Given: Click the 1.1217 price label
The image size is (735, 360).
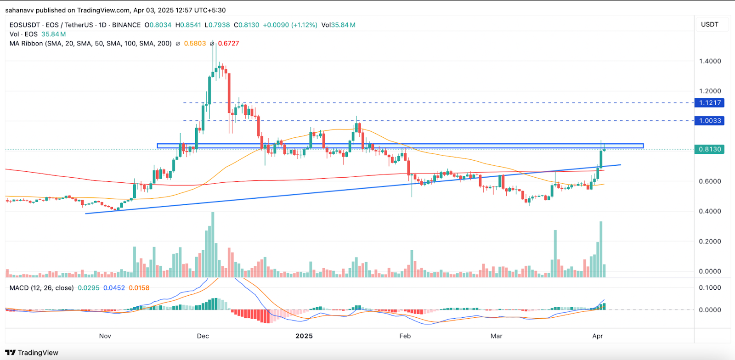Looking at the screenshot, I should point(710,103).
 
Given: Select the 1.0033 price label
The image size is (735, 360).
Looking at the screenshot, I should point(710,121).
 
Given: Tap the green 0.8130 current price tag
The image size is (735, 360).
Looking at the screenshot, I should point(710,149).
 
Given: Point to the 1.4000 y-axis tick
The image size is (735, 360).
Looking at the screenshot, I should point(710,61).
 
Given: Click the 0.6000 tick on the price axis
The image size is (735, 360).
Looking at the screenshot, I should point(710,181).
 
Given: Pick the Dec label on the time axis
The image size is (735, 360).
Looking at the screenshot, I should point(203,336).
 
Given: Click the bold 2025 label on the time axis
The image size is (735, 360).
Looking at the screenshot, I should point(304,336).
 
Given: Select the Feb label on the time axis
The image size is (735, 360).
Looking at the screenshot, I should point(405,336).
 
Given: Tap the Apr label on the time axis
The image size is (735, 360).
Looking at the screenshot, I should point(597,336).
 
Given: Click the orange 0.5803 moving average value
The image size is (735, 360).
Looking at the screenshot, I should point(195,44).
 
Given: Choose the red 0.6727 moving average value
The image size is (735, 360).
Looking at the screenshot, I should point(228,44).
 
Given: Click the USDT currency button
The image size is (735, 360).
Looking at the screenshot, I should point(709,24).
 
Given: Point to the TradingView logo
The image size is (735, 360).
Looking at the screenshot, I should point(32,353).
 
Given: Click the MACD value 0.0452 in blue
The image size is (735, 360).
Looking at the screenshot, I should point(114,288).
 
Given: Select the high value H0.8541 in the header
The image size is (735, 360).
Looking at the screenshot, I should point(188,25).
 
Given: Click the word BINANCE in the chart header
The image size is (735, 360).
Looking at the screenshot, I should point(126,25).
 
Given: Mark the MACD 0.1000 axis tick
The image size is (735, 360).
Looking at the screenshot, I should point(710,287).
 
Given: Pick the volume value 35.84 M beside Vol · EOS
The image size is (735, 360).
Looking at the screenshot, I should point(53,34).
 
